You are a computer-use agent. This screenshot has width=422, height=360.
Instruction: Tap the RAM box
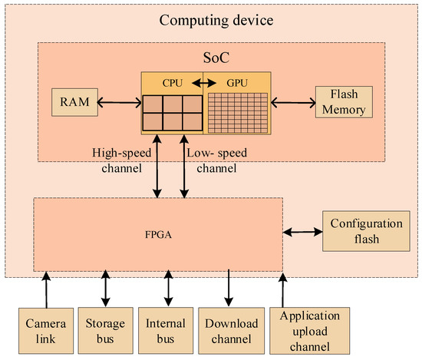tap(71, 101)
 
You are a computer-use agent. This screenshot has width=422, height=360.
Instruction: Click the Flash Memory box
tap(343, 101)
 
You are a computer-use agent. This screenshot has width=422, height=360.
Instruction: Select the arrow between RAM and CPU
tap(116, 101)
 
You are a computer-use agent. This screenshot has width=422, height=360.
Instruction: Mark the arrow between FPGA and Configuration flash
tap(304, 230)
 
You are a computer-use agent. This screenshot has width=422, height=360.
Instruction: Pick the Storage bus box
tap(104, 330)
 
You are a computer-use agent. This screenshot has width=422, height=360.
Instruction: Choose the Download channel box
tap(228, 330)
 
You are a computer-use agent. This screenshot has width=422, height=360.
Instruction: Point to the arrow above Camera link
tap(45, 290)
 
